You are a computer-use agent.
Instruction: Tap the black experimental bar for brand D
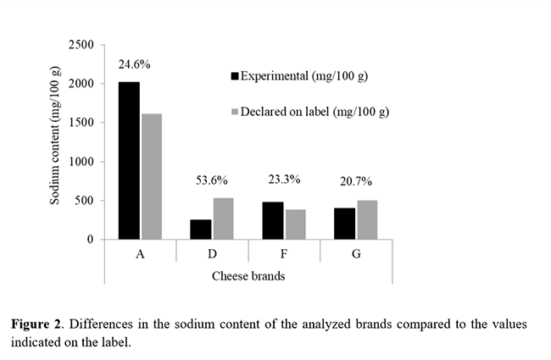[x=201, y=230]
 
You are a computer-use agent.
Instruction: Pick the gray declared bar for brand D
[x=223, y=219]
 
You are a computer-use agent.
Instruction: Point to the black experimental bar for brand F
[x=273, y=221]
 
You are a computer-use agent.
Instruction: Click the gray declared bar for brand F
[x=295, y=224]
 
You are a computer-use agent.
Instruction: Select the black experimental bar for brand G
[x=345, y=224]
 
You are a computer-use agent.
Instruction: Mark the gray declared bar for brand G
[x=367, y=220]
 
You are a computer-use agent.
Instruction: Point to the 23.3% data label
[x=284, y=180]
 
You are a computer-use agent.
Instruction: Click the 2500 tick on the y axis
[x=81, y=44]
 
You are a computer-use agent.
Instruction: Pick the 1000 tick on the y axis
[x=81, y=162]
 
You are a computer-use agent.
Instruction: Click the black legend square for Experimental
[x=235, y=76]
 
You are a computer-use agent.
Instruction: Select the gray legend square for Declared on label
[x=235, y=112]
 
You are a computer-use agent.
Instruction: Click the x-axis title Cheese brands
[x=248, y=275]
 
